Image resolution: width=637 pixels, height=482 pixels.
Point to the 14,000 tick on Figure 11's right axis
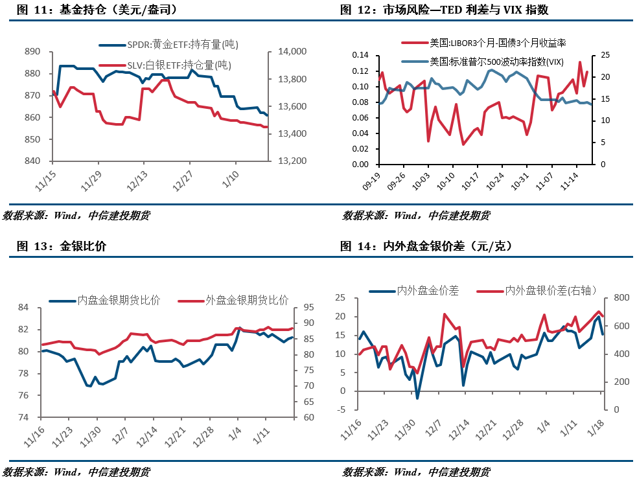coord(292,52)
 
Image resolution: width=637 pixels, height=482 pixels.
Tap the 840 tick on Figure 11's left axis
coord(32,161)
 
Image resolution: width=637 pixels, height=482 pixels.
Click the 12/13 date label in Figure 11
coord(137,181)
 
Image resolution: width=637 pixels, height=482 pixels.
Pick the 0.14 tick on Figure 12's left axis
coord(360,55)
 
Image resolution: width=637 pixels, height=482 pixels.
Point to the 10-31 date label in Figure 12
coord(520,181)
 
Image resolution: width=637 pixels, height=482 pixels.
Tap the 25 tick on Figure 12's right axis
coord(605,55)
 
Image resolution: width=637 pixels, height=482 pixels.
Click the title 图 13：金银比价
coord(62,246)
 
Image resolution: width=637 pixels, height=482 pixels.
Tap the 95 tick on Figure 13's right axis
coord(308,307)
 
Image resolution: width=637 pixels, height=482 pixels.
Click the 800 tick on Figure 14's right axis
coord(621,297)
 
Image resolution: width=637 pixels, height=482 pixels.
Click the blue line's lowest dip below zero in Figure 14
coord(417,398)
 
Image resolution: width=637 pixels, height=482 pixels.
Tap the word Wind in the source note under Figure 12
coord(406,215)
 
